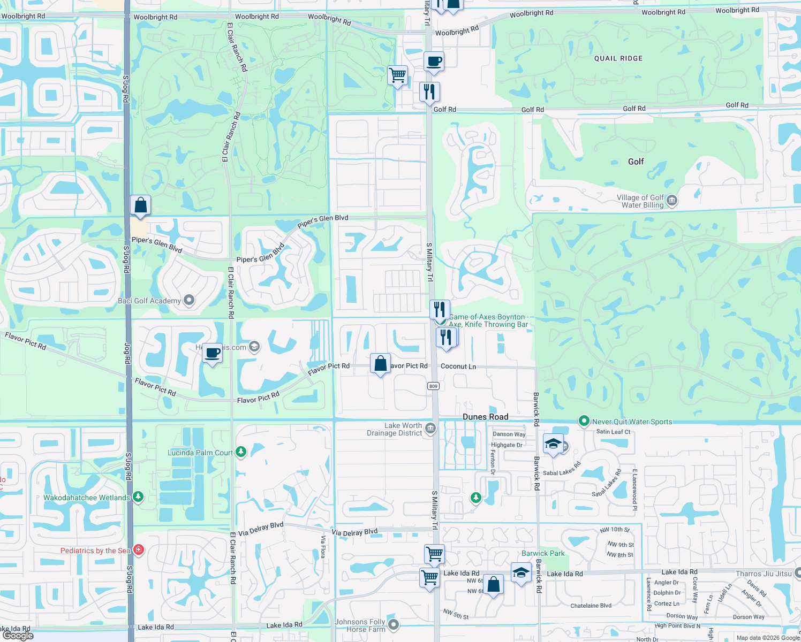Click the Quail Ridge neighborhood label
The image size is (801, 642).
618,58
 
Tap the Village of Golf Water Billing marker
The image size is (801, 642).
672,201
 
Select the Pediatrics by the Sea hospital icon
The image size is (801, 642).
139,550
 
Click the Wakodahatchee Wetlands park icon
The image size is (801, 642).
138,497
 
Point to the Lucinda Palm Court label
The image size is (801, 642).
200,453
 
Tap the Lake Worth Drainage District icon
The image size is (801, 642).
430,429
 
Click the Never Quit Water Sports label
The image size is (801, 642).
632,422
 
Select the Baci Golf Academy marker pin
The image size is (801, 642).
189,301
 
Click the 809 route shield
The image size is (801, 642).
433,386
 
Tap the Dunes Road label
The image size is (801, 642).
485,417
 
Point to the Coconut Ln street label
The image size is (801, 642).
458,366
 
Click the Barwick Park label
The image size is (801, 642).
543,553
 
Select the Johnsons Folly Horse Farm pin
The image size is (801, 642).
394,624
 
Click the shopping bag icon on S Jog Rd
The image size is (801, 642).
140,205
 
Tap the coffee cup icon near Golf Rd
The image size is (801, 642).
434,62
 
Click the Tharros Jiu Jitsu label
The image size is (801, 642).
763,574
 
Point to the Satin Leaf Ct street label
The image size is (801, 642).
613,432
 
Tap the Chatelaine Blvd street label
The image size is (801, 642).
591,606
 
